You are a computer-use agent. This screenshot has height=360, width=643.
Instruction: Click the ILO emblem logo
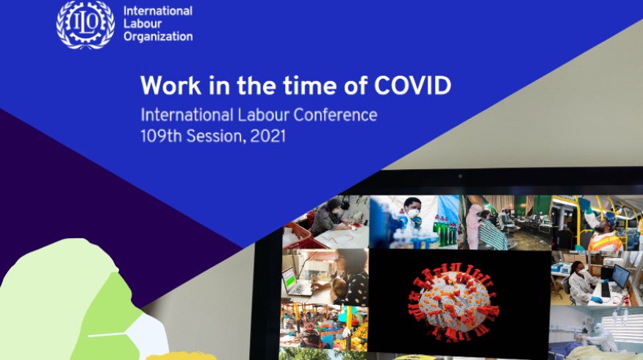(85, 24)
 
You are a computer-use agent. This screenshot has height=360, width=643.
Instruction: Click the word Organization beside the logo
(158, 37)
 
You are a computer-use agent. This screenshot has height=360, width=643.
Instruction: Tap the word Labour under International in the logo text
(143, 24)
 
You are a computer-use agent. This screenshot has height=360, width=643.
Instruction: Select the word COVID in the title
(412, 86)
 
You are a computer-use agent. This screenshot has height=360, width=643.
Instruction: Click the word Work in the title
(171, 86)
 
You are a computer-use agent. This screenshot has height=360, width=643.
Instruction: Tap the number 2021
(267, 136)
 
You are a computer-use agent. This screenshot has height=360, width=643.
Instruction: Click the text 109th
(161, 136)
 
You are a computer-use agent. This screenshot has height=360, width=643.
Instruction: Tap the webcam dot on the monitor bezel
(460, 176)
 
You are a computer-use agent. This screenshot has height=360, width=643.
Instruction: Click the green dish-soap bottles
(445, 231)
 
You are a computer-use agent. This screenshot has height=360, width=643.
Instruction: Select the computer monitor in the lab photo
(619, 276)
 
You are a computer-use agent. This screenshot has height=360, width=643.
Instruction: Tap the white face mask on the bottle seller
(413, 213)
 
